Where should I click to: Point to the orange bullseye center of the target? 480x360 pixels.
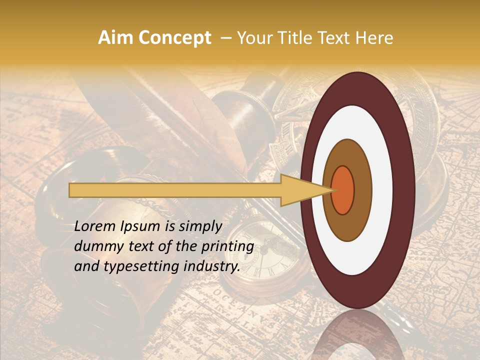[342, 190]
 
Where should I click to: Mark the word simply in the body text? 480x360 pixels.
[197, 226]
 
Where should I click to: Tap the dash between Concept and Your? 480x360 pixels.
[225, 38]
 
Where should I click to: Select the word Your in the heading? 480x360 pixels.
[255, 38]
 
